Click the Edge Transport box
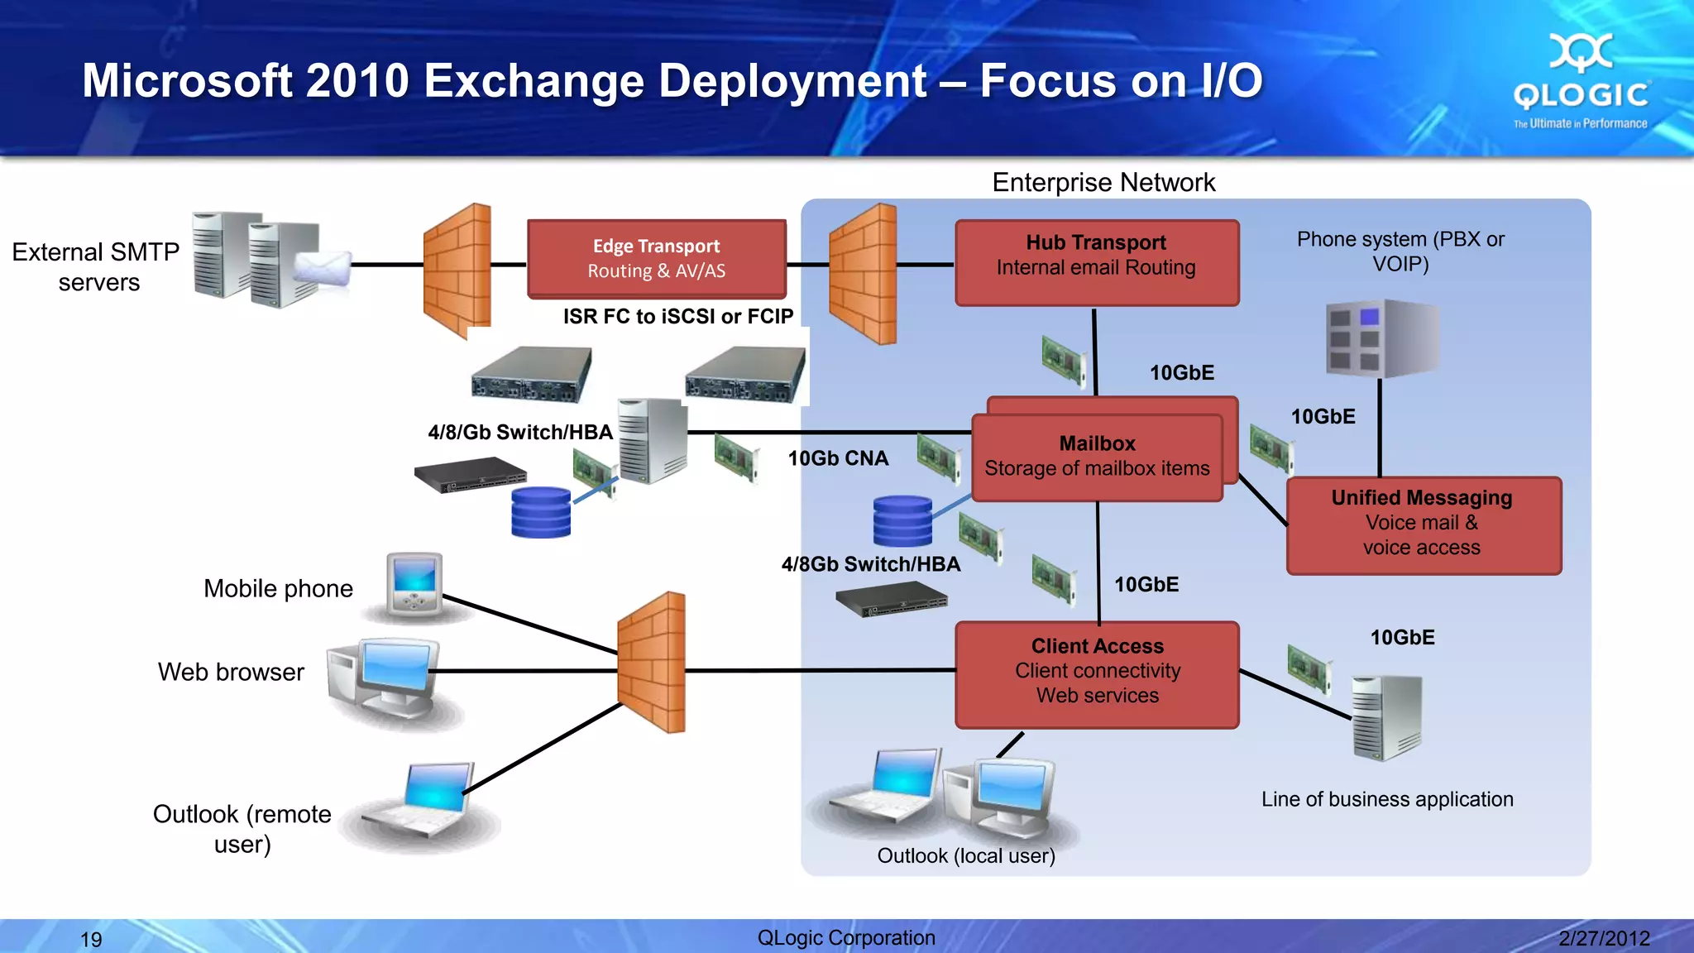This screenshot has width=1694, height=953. [x=656, y=258]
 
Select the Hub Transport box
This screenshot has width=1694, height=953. [x=1096, y=262]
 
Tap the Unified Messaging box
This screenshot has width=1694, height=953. [x=1423, y=525]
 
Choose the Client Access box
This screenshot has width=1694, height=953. [x=1097, y=674]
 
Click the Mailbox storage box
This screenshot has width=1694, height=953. [x=1097, y=457]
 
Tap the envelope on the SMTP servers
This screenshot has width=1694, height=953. [x=323, y=269]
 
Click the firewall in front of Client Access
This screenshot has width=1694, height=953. [x=652, y=662]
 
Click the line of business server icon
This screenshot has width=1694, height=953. [x=1385, y=717]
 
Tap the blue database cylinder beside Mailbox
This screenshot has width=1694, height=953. [x=902, y=521]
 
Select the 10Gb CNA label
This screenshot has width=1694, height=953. [x=837, y=458]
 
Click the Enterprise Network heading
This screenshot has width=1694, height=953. [x=1103, y=182]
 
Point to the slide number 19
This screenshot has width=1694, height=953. [x=91, y=939]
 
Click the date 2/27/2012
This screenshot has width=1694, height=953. [x=1604, y=938]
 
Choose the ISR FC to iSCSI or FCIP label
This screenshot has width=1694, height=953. [x=677, y=316]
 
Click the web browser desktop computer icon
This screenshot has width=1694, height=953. [x=389, y=678]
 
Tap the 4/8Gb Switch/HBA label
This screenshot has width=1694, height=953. [x=870, y=564]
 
